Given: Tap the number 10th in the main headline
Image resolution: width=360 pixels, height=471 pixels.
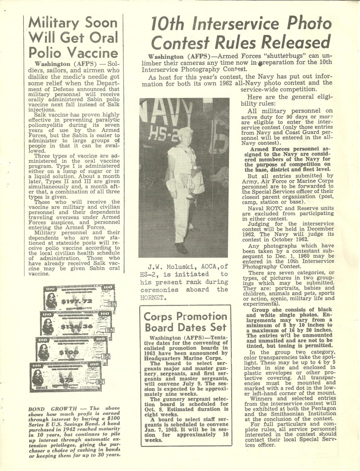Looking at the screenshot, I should [167, 24].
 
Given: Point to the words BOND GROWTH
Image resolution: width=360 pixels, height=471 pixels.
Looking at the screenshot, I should [52, 409].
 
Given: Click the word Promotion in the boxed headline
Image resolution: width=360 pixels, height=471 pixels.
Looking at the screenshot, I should [201, 316].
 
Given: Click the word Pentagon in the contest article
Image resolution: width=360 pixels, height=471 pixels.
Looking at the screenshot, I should [322, 408].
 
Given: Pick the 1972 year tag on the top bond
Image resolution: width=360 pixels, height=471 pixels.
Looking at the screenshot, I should [112, 304].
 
